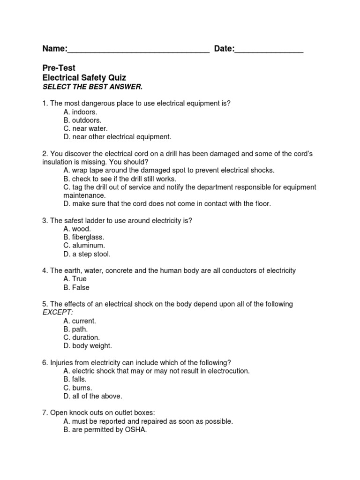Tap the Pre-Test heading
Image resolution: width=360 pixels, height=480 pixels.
click(x=59, y=68)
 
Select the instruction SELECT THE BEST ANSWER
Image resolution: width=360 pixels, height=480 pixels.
click(x=92, y=87)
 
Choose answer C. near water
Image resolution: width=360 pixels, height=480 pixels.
click(x=85, y=128)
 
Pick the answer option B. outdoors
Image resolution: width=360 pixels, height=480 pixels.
click(x=82, y=120)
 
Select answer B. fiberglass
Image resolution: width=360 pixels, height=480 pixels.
click(x=84, y=237)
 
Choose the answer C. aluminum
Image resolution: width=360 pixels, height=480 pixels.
click(x=84, y=246)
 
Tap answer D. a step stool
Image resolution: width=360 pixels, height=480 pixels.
click(x=87, y=254)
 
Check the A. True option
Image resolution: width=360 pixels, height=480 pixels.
click(x=75, y=279)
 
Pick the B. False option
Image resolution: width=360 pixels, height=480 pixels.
click(x=76, y=287)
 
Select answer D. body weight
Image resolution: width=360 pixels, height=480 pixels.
click(x=88, y=346)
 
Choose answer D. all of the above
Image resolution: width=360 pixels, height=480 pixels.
click(x=93, y=396)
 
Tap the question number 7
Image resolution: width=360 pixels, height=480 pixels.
click(x=45, y=412)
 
